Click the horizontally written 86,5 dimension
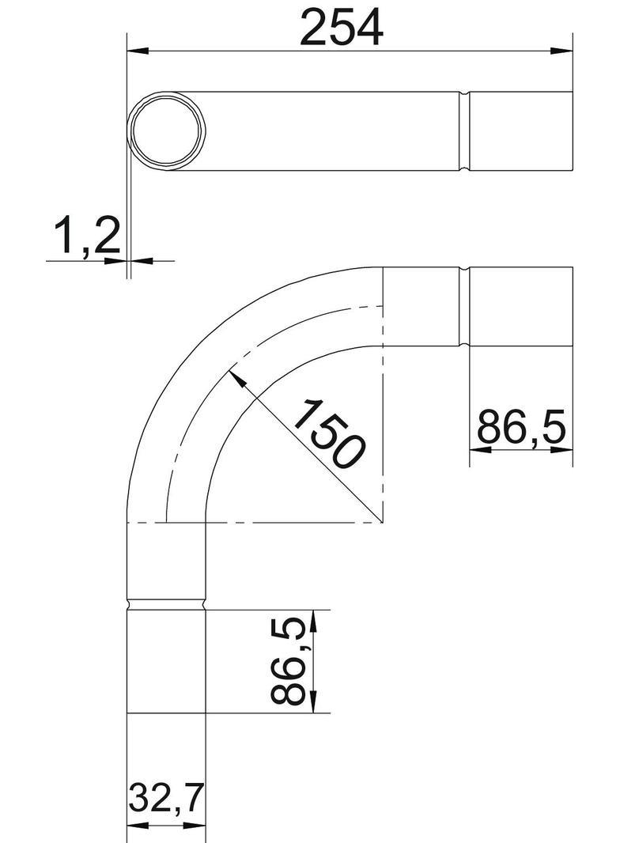pyautogui.click(x=521, y=428)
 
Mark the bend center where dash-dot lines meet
pyautogui.click(x=383, y=523)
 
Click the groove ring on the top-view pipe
pyautogui.click(x=465, y=131)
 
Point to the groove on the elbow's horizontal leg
pyautogui.click(x=465, y=308)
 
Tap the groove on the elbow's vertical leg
pyautogui.click(x=167, y=605)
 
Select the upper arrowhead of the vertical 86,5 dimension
pyautogui.click(x=313, y=619)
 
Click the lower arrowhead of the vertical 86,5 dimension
pyautogui.click(x=313, y=704)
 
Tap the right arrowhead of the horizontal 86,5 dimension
pyautogui.click(x=562, y=450)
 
